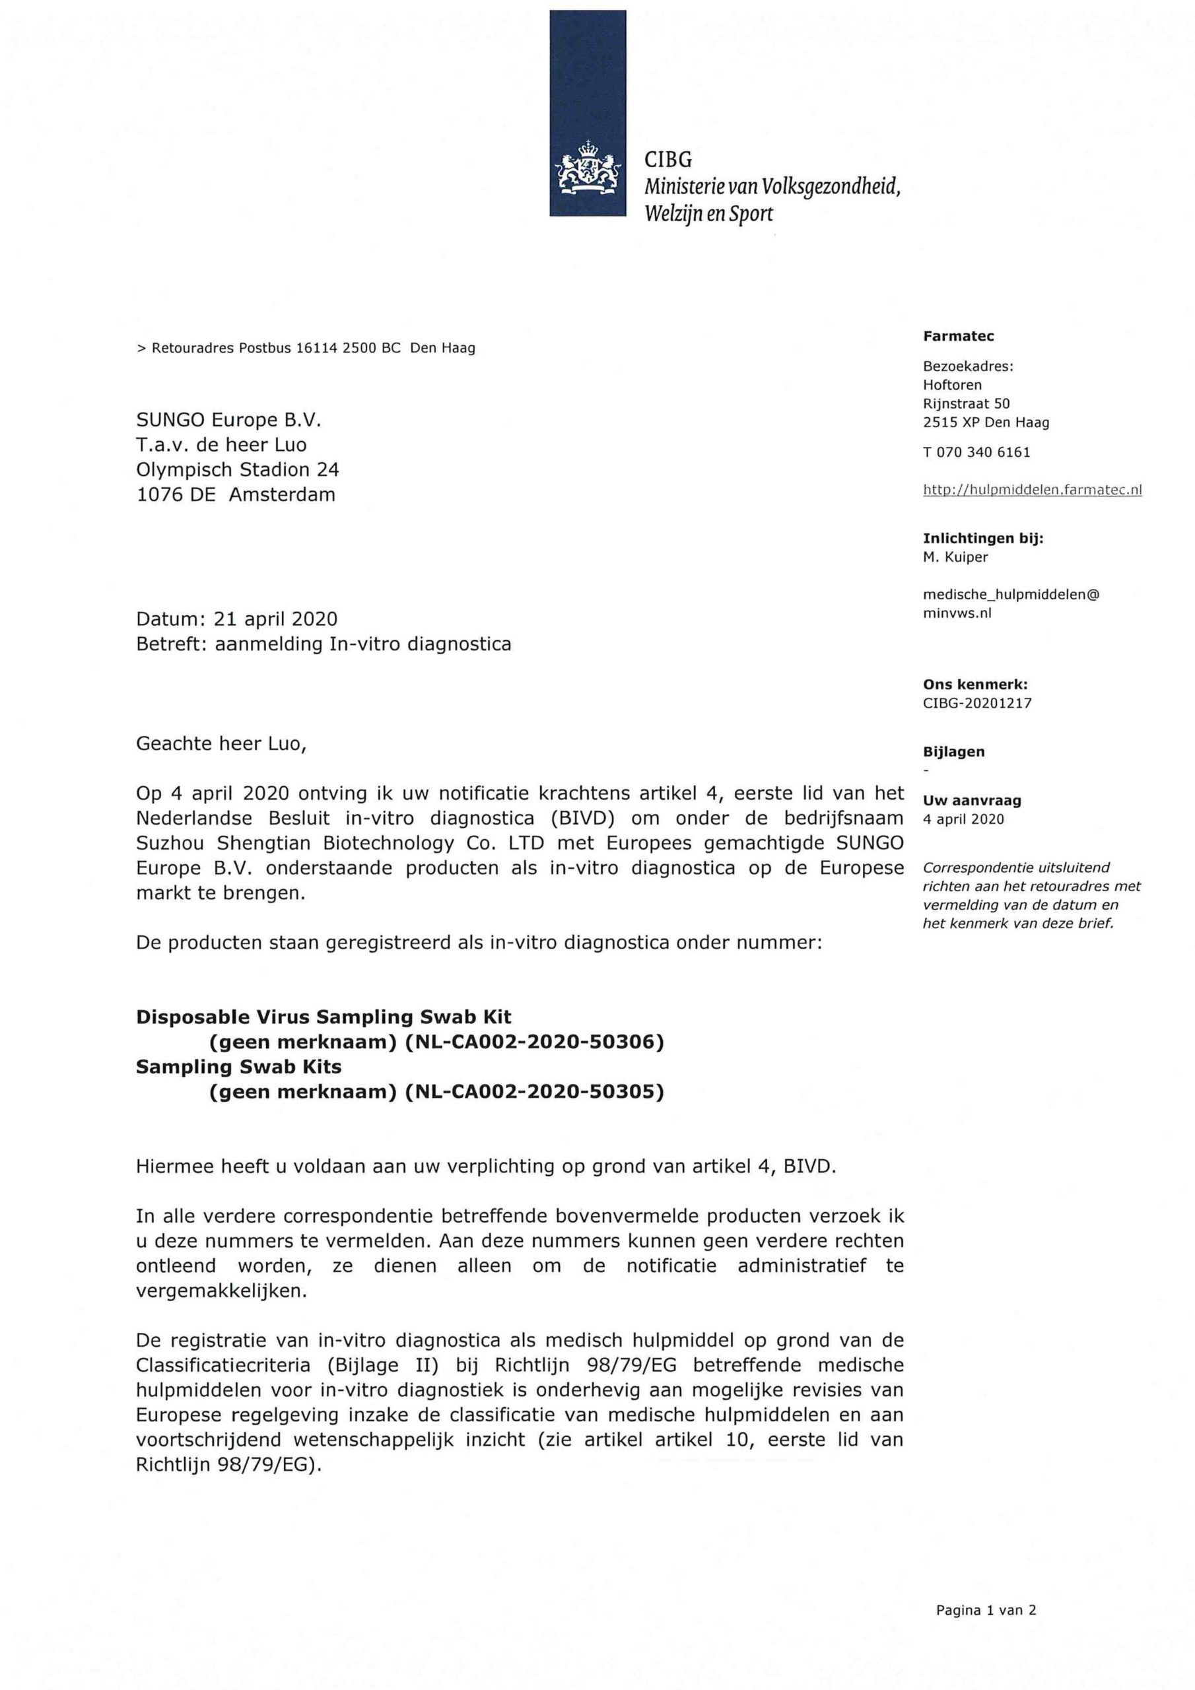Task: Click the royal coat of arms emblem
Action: click(x=588, y=168)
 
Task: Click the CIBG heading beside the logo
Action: click(x=668, y=160)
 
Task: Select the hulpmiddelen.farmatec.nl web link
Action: click(x=1031, y=489)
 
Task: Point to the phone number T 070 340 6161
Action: click(x=976, y=453)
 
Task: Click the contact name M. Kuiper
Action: click(x=955, y=557)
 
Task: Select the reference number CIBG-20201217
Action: click(x=976, y=703)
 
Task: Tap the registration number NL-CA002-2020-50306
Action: click(x=534, y=1042)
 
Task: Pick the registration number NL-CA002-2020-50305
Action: click(x=534, y=1092)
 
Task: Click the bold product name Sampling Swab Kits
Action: click(x=238, y=1067)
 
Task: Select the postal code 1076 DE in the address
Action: click(x=176, y=494)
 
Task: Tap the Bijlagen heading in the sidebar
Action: click(x=953, y=751)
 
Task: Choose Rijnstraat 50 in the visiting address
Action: click(x=966, y=403)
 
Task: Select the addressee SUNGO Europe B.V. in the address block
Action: click(x=229, y=421)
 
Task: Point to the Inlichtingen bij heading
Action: click(x=983, y=538)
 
